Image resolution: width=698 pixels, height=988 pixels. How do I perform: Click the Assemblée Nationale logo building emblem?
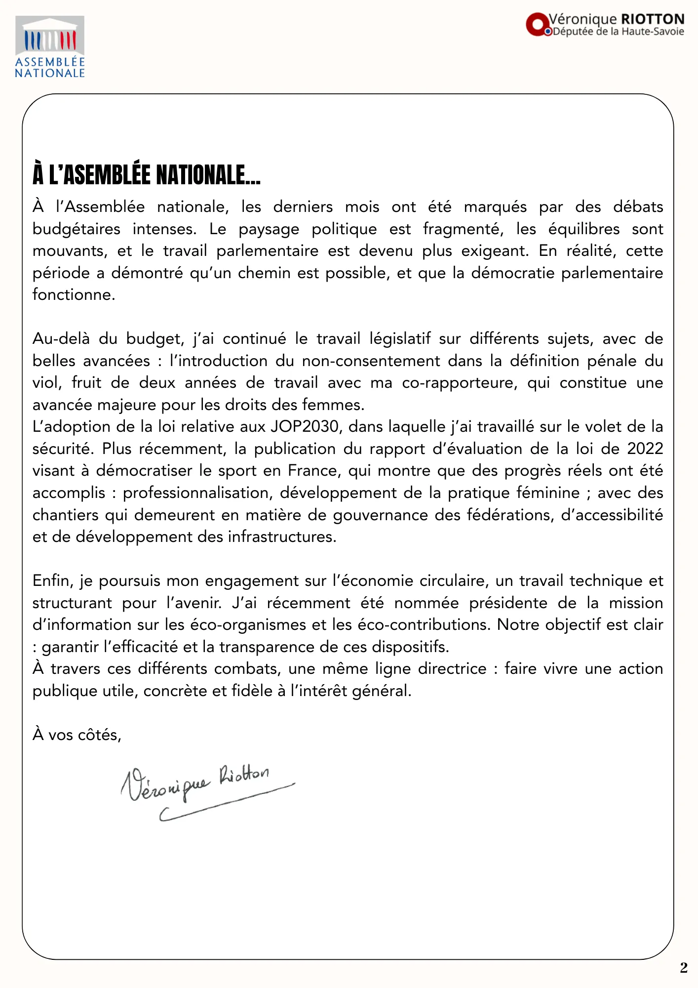pos(50,36)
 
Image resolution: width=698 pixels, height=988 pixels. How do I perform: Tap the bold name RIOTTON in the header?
pos(653,19)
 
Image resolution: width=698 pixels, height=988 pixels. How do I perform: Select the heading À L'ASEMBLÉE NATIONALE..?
pos(147,175)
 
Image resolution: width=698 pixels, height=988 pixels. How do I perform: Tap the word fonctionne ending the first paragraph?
pos(73,295)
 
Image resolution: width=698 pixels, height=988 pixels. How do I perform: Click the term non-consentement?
pos(371,361)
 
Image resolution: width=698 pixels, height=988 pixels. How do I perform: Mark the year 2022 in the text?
pos(645,449)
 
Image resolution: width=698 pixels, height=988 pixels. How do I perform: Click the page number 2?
pos(684,967)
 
